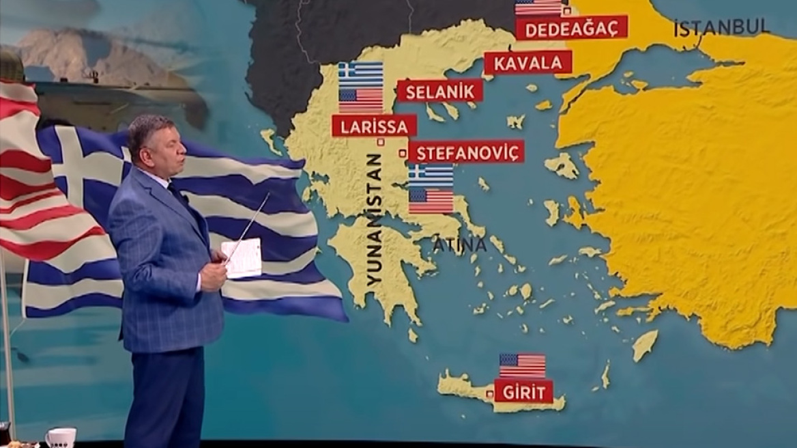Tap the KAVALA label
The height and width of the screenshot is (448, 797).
[527, 63]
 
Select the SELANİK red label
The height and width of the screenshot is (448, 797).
[439, 91]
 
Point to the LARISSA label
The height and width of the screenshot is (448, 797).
[374, 126]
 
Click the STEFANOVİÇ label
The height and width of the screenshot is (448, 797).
[466, 152]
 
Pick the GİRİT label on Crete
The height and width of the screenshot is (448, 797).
[523, 392]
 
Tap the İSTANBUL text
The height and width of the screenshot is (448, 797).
[721, 27]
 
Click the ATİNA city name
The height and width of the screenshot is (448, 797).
[459, 244]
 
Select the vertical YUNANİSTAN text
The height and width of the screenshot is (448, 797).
[374, 219]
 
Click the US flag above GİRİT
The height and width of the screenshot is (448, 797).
[522, 365]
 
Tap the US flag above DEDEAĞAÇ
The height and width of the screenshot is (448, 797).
[538, 8]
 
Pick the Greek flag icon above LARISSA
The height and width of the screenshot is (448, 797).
[360, 74]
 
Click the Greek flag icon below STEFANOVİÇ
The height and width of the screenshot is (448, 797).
[431, 176]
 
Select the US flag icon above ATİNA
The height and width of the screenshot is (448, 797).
[431, 201]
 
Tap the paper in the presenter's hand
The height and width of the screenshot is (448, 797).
[242, 258]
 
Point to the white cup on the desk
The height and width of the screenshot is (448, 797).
[61, 438]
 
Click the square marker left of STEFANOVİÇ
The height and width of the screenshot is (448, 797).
[403, 153]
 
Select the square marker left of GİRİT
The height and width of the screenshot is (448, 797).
[489, 394]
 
